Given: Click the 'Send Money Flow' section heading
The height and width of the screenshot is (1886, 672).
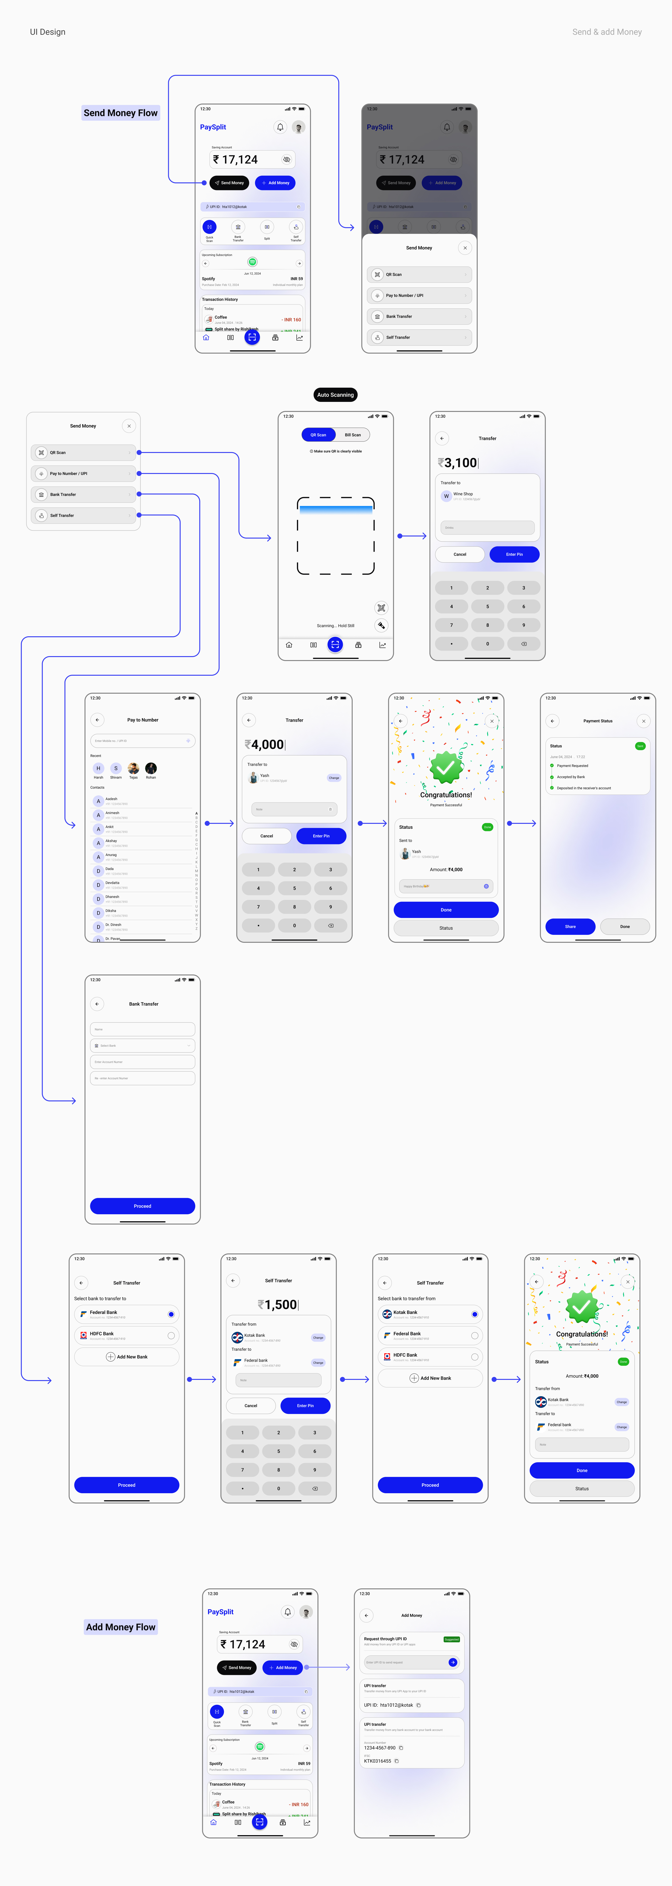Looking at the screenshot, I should click(121, 113).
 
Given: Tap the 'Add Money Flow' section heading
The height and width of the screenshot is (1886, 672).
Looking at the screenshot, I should click(121, 1627).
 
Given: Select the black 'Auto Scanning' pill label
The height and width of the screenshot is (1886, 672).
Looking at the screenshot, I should click(335, 395).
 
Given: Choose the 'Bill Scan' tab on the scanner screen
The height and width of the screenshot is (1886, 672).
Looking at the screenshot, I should click(353, 435).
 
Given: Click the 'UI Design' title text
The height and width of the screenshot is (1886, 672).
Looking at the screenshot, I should click(48, 32).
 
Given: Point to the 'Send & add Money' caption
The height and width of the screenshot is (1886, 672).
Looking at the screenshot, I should click(607, 32).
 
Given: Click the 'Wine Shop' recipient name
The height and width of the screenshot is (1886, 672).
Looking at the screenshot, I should click(463, 494).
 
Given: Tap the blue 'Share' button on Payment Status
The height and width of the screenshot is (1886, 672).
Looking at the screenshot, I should click(570, 926).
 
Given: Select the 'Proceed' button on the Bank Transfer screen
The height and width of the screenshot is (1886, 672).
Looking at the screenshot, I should click(143, 1206).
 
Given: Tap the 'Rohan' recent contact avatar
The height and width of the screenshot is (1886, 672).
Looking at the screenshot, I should click(151, 768).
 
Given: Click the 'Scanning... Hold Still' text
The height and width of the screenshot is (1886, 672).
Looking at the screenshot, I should click(335, 626).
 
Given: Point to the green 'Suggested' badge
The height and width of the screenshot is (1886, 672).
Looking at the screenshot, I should click(452, 1639).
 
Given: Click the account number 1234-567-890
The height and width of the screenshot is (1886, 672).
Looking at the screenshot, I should click(380, 1748).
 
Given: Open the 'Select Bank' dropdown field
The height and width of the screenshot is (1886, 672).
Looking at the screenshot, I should click(143, 1045).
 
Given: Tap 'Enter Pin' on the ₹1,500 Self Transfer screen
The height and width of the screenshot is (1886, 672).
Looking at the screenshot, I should click(305, 1406).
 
